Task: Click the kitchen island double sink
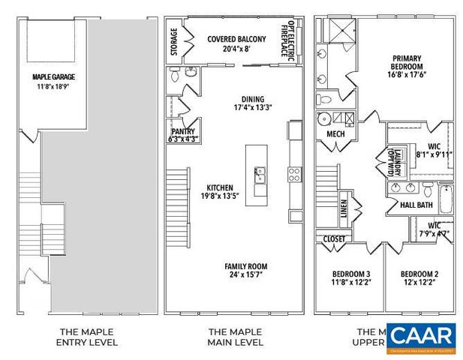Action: click(260, 176)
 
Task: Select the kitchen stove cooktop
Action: click(294, 175)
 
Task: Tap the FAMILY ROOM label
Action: click(245, 266)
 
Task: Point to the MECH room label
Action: click(335, 134)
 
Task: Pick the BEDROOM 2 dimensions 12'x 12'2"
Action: click(418, 283)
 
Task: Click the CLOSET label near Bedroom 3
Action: click(334, 239)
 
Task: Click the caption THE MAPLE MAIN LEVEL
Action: click(235, 337)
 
